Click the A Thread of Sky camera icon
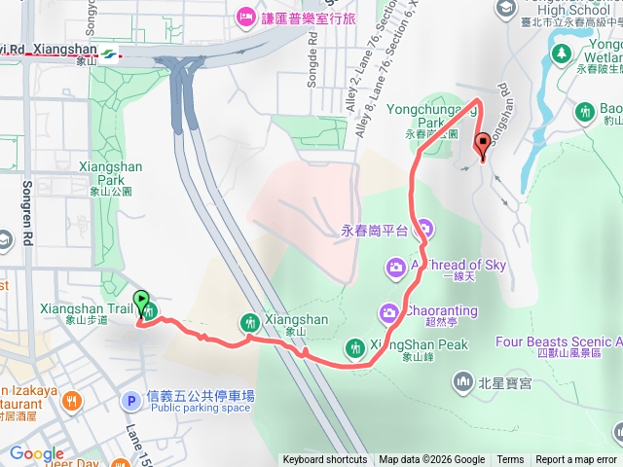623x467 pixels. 396,267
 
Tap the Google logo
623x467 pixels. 37,453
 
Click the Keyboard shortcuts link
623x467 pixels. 325,460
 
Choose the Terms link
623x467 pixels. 510,460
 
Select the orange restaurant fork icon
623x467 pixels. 72,400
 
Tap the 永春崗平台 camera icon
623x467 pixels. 425,231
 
